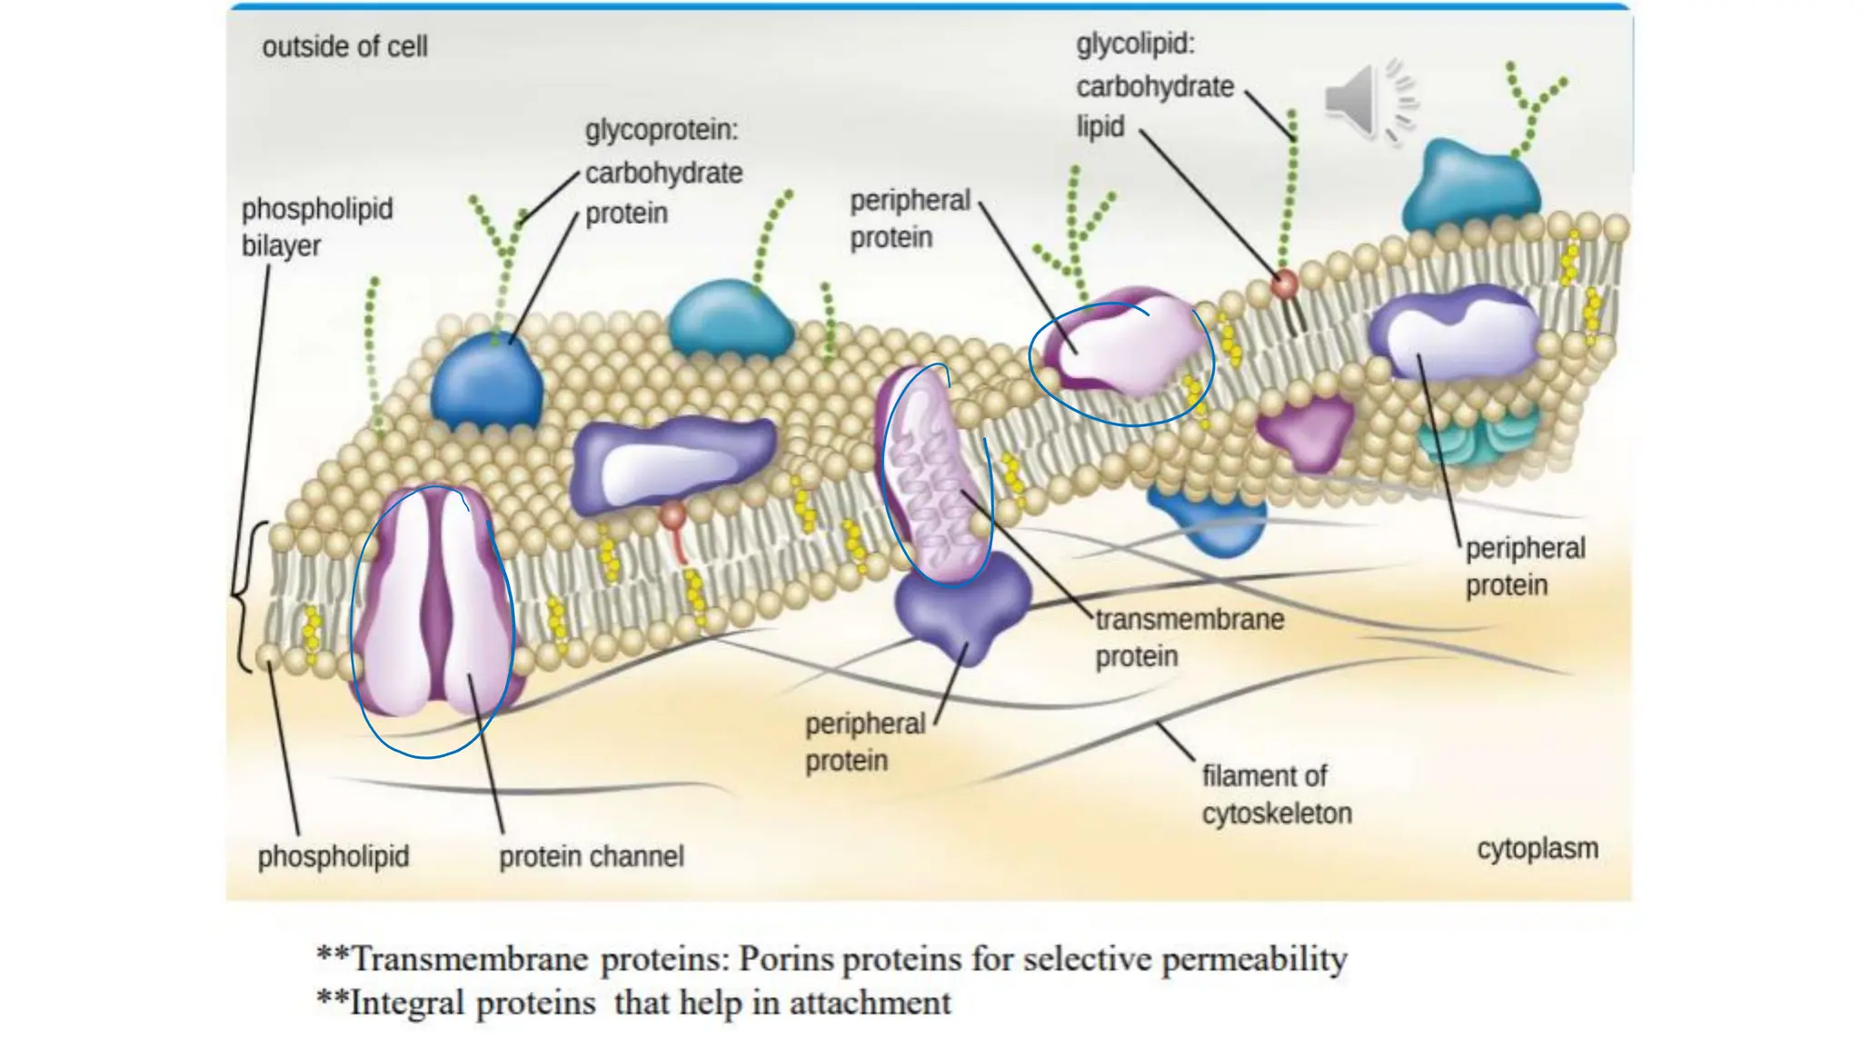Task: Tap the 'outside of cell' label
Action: click(344, 46)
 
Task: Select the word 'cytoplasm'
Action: click(1537, 849)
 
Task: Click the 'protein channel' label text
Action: click(591, 856)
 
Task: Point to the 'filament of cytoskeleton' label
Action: click(1276, 794)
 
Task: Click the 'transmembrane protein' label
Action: click(1189, 637)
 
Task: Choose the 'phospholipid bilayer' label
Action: click(316, 227)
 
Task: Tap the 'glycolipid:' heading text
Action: click(1135, 44)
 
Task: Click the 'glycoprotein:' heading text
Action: click(662, 130)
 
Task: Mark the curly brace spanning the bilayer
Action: click(243, 597)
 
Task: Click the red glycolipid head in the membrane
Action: click(1284, 284)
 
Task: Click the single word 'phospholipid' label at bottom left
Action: click(333, 856)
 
